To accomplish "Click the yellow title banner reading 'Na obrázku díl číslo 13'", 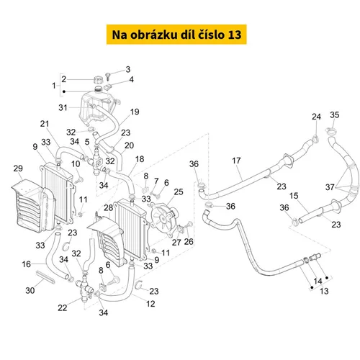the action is [176, 35].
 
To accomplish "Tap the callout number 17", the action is [236, 161].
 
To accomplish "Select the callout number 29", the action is [18, 168].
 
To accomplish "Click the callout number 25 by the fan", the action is [179, 192].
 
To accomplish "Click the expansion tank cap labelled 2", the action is [98, 79].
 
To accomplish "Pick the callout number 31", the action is [63, 107].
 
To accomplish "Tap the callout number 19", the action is [135, 112].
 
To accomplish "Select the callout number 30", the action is [30, 290].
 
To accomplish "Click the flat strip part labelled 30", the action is [45, 277].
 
